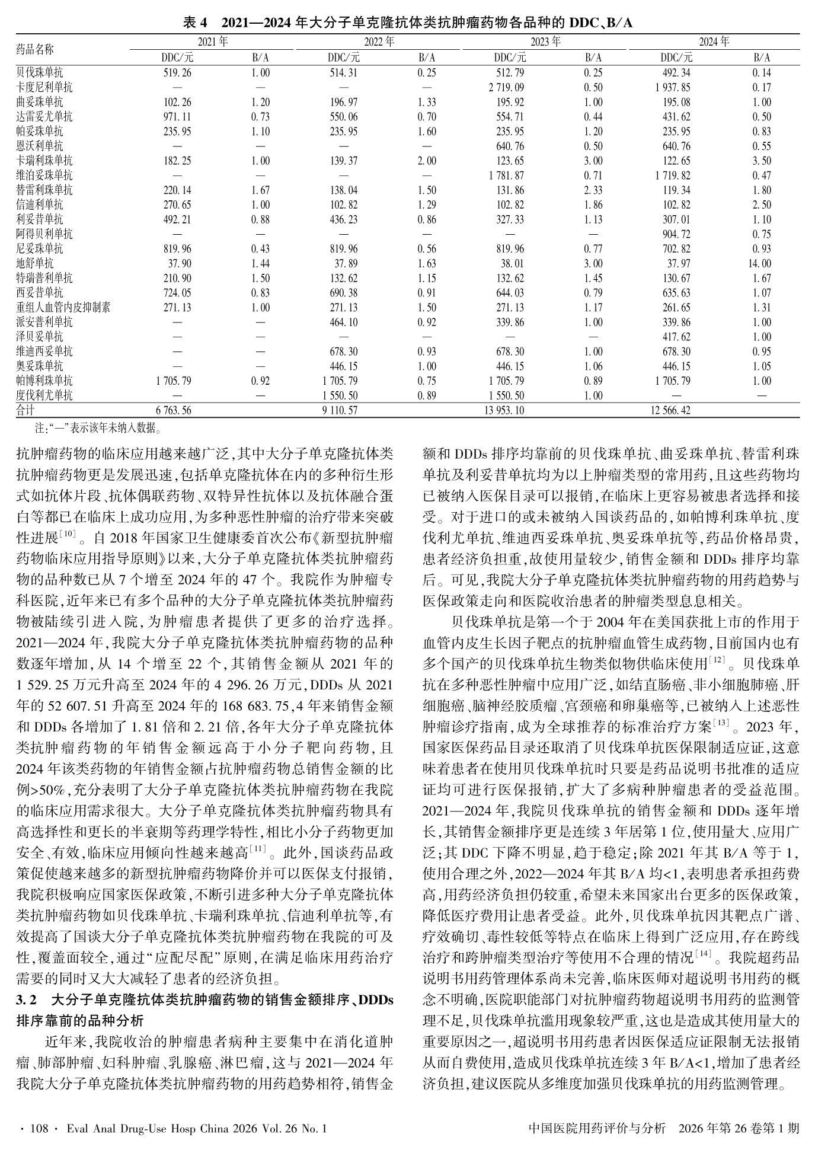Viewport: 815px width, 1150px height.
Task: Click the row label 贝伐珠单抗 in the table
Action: [40, 73]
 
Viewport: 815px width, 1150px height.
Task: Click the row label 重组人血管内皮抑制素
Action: [63, 308]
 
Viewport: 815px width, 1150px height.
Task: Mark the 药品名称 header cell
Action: [34, 49]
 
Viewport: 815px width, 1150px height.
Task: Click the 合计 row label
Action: [25, 410]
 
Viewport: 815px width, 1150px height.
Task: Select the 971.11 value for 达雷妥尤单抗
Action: [177, 117]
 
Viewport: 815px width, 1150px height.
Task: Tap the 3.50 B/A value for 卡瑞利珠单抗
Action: [762, 161]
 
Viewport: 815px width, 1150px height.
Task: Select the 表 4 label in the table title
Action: [196, 23]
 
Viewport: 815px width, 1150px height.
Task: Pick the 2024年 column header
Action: [714, 42]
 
